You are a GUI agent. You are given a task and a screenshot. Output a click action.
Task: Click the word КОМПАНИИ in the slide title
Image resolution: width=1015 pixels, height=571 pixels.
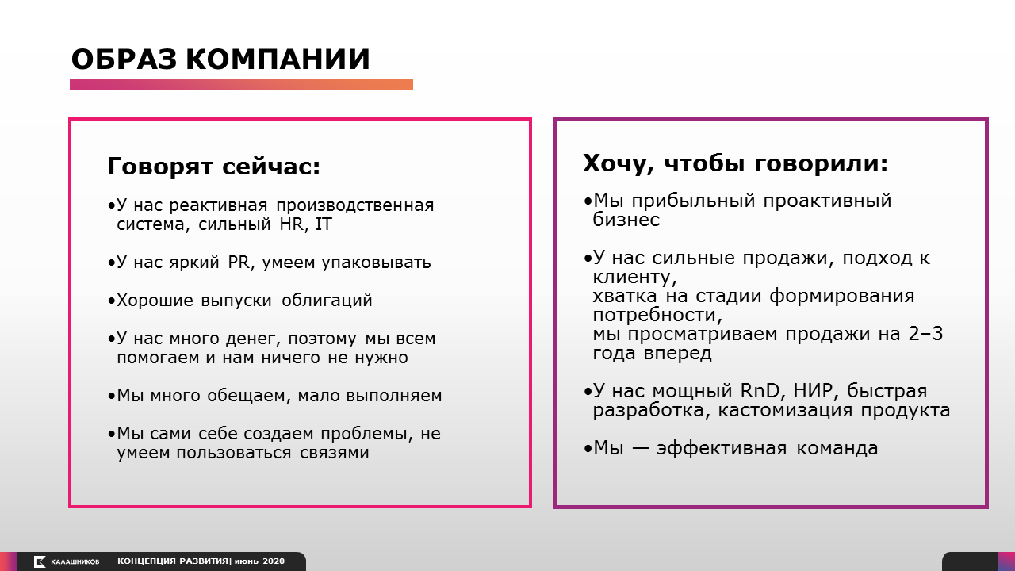pos(278,59)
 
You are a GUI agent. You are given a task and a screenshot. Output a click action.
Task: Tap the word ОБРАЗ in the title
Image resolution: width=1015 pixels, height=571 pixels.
pos(124,59)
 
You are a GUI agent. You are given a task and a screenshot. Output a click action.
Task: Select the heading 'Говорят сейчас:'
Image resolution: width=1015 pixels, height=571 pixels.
pos(214,166)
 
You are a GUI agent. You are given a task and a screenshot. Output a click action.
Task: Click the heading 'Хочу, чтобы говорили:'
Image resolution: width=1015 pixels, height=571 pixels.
pos(735,163)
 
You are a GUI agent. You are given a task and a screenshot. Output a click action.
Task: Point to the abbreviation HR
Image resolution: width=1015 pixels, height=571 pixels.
pos(291,224)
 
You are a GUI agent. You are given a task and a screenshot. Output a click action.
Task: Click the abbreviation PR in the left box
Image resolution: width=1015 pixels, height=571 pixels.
pos(239,262)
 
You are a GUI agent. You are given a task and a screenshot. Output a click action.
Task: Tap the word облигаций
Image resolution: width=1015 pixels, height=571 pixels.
pos(327,301)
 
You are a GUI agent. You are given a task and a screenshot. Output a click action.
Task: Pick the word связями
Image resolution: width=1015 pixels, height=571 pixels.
pos(335,453)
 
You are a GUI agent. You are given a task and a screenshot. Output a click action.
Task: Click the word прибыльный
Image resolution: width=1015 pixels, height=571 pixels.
pos(693,201)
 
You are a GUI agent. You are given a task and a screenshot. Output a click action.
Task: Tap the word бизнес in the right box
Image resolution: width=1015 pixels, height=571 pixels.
pos(626,220)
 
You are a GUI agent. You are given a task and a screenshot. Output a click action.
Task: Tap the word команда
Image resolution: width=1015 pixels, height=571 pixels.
pos(837,448)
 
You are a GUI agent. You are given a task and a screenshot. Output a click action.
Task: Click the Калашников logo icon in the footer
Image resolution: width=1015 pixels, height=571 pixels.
pos(40,561)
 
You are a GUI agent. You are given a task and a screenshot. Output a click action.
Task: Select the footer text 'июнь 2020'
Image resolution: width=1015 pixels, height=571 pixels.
pos(259,561)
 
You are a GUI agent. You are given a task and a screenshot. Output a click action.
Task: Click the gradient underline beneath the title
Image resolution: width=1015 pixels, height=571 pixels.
pos(241,84)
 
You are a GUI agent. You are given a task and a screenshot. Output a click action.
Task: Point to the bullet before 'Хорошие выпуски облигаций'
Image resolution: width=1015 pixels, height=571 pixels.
pos(112,301)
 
